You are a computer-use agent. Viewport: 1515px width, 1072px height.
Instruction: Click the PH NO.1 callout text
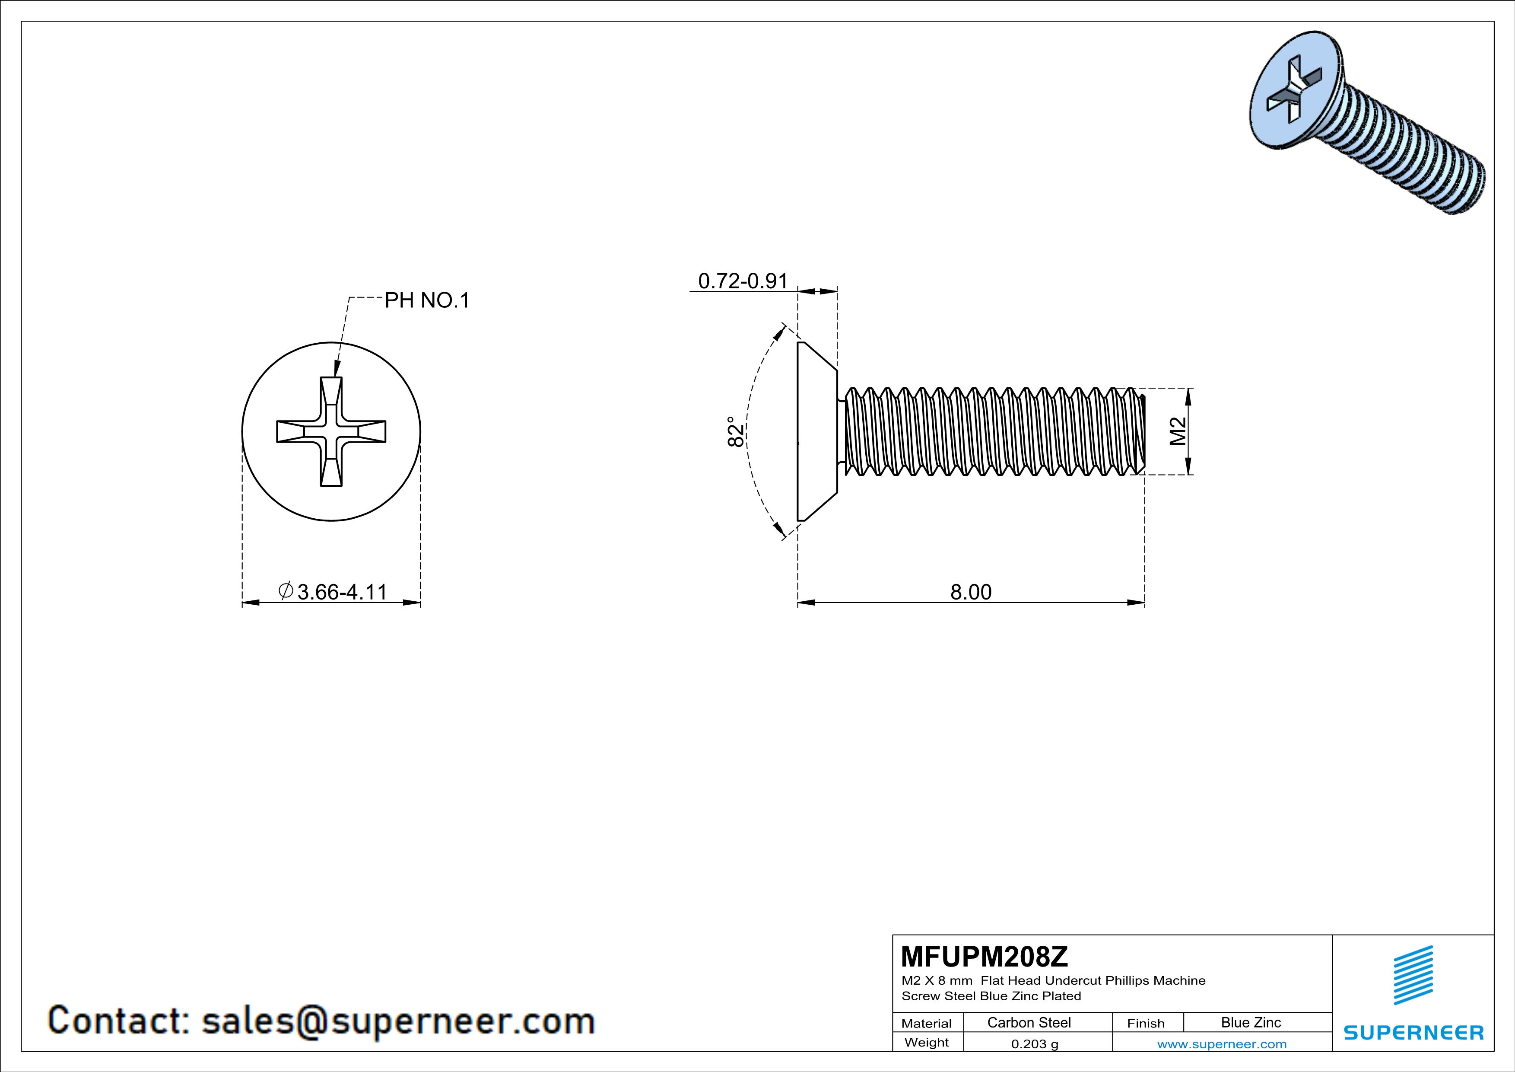427,301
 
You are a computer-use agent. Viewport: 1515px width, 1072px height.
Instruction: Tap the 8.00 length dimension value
971,592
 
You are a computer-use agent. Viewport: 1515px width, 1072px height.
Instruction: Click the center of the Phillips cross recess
331,432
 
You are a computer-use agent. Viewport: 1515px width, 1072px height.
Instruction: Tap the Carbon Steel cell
1029,1022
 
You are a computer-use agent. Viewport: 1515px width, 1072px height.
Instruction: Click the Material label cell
927,1023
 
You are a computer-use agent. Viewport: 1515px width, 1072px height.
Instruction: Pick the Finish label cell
1146,1023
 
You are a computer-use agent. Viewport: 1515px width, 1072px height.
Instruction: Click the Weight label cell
927,1043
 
